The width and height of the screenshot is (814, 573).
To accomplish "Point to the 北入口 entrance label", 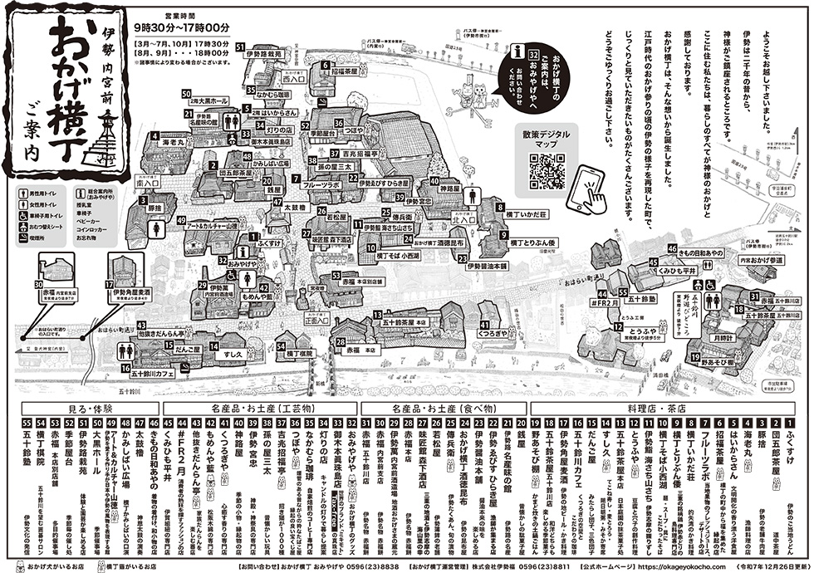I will pyautogui.click(x=462, y=222).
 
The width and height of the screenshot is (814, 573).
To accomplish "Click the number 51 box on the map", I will pyautogui.click(x=239, y=47).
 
